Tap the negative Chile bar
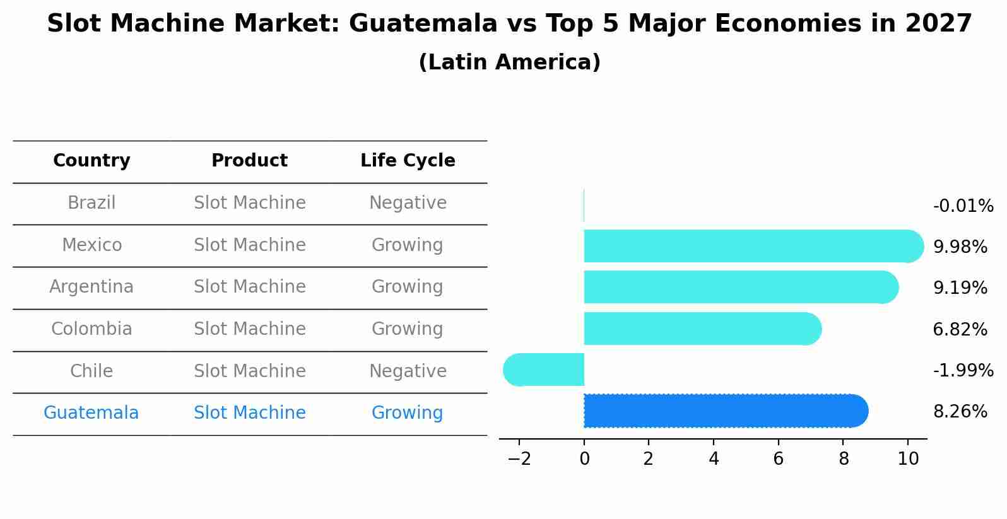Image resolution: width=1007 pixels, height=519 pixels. point(544,370)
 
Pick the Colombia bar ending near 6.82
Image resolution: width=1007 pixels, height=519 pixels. point(700,329)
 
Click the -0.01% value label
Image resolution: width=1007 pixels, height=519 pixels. point(963,206)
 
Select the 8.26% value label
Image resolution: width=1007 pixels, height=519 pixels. point(960,412)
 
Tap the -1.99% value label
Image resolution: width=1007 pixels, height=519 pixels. point(963,370)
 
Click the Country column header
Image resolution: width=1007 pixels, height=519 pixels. point(91,161)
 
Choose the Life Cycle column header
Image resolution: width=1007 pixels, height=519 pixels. point(408,161)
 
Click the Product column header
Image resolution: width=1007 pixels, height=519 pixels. point(249,161)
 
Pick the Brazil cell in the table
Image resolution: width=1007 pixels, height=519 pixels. point(91,203)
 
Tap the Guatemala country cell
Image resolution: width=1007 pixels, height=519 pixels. point(91,413)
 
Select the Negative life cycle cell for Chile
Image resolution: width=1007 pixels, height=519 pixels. point(408,371)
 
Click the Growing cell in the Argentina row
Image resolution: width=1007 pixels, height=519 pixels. point(408,287)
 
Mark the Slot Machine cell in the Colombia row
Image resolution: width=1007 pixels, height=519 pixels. point(249,329)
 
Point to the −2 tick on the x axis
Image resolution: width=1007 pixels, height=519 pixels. point(519,459)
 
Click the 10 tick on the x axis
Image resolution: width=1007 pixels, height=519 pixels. point(908,459)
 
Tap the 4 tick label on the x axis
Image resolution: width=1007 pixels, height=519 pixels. point(714,459)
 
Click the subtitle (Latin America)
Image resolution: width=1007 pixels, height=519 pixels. point(509,62)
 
